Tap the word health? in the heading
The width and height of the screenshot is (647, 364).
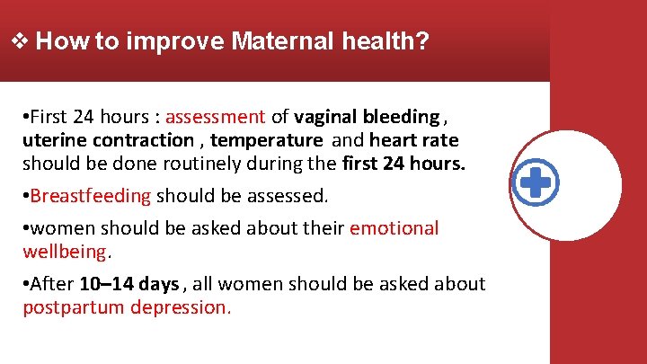385,41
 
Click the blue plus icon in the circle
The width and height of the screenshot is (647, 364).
536,183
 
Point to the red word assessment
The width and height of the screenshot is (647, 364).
215,117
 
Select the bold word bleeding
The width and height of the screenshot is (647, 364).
403,117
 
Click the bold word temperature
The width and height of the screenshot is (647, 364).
266,140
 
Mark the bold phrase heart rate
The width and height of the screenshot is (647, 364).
413,140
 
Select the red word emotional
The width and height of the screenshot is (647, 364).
394,228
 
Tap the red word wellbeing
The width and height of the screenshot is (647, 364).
64,252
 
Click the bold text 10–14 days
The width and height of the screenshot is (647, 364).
129,284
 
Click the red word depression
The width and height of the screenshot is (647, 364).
180,307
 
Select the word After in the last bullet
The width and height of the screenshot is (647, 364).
52,284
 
